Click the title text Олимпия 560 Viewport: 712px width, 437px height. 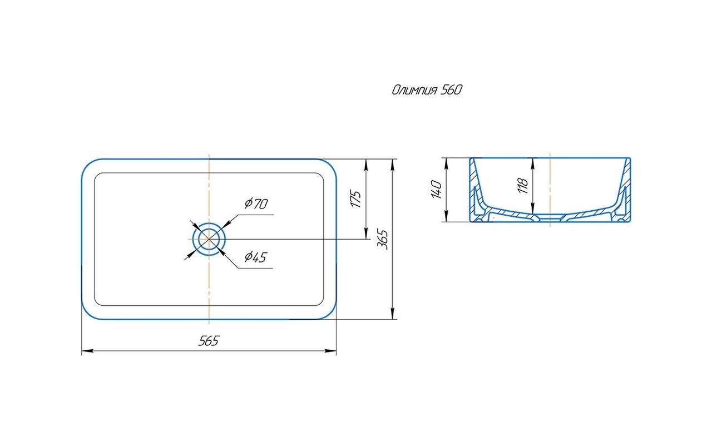tap(427, 90)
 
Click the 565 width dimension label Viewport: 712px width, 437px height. tap(209, 341)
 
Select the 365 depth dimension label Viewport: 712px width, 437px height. tap(383, 240)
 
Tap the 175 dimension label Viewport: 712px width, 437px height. tap(356, 199)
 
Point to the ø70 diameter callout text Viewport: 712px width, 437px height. tap(256, 203)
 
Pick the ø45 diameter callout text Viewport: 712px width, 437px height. tap(255, 257)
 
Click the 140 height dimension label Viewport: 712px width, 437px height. tap(437, 190)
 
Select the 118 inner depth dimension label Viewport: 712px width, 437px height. tap(523, 186)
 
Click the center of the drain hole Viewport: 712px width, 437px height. tap(209, 239)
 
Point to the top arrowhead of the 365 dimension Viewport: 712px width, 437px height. tap(393, 165)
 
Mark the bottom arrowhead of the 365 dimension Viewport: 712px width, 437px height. tap(393, 314)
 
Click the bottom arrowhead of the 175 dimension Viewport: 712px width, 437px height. tap(366, 233)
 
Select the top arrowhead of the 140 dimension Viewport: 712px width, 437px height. tap(446, 163)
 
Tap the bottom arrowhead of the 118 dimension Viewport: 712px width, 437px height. tap(533, 208)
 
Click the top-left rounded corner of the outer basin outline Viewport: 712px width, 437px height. tap(88, 165)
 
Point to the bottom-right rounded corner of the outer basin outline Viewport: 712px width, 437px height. tap(330, 313)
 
